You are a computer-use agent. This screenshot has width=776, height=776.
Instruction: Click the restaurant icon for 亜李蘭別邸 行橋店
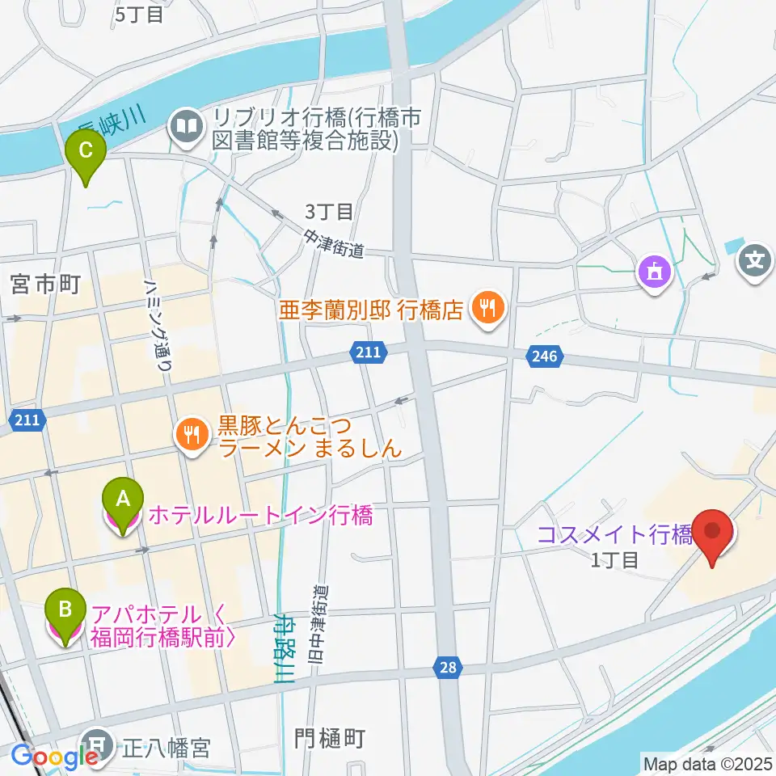tap(488, 307)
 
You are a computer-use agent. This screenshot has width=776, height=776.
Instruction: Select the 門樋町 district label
tap(330, 737)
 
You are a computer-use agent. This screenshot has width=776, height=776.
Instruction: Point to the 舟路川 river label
tap(283, 647)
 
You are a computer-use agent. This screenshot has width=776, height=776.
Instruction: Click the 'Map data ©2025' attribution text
tap(706, 762)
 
